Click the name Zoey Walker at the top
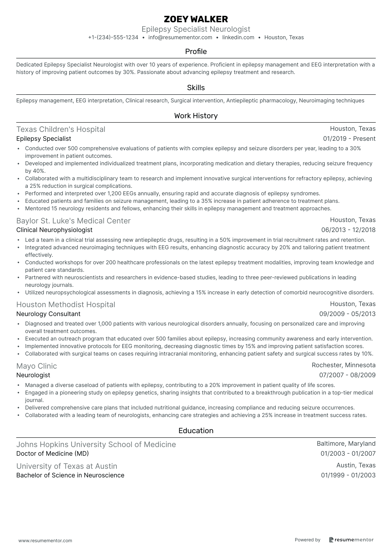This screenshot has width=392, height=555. (x=196, y=19)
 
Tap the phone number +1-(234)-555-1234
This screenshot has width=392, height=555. (x=113, y=38)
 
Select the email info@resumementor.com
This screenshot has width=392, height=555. (x=180, y=38)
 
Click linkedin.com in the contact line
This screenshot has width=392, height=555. (x=238, y=38)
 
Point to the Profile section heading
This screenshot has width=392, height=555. (x=196, y=52)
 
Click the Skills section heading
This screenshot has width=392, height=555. (x=196, y=88)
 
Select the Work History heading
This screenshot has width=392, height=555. (x=196, y=116)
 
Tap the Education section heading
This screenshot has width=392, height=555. (x=196, y=431)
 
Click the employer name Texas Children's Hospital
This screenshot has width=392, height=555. (x=61, y=129)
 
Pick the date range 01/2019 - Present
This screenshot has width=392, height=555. (x=349, y=139)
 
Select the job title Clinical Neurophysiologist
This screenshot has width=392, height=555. (x=54, y=230)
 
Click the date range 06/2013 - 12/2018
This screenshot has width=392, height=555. (x=348, y=230)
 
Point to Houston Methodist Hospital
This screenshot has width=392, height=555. (x=66, y=305)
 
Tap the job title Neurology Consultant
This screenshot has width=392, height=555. (x=48, y=314)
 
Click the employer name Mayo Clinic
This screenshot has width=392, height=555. (x=36, y=366)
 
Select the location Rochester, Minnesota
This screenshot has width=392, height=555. (x=344, y=365)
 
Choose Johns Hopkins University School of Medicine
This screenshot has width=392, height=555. (x=96, y=445)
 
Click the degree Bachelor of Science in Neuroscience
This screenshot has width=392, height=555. (x=70, y=475)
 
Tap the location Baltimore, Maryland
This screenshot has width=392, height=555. (x=346, y=444)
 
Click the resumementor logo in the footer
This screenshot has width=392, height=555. (x=351, y=540)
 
